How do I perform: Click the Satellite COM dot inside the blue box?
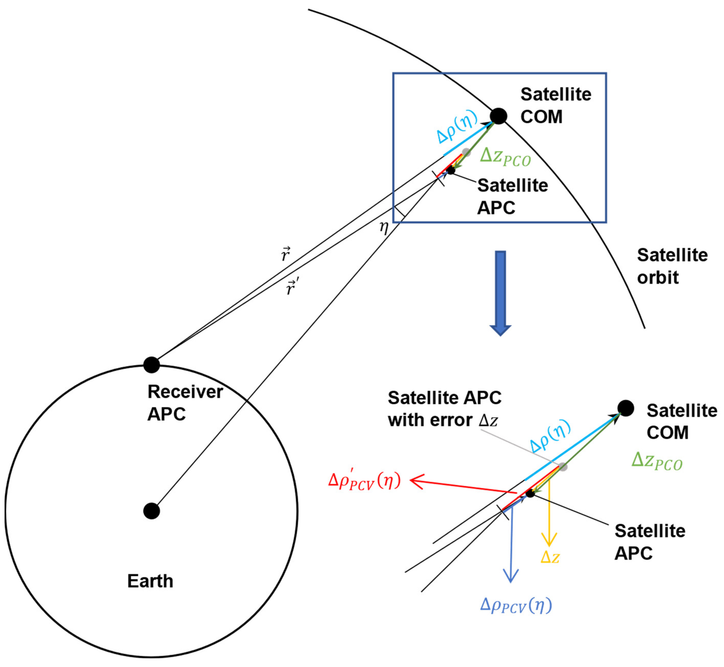(x=498, y=116)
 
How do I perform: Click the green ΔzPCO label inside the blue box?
(x=505, y=157)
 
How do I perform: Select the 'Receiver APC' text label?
(x=185, y=402)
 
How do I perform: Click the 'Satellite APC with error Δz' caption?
(x=444, y=409)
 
